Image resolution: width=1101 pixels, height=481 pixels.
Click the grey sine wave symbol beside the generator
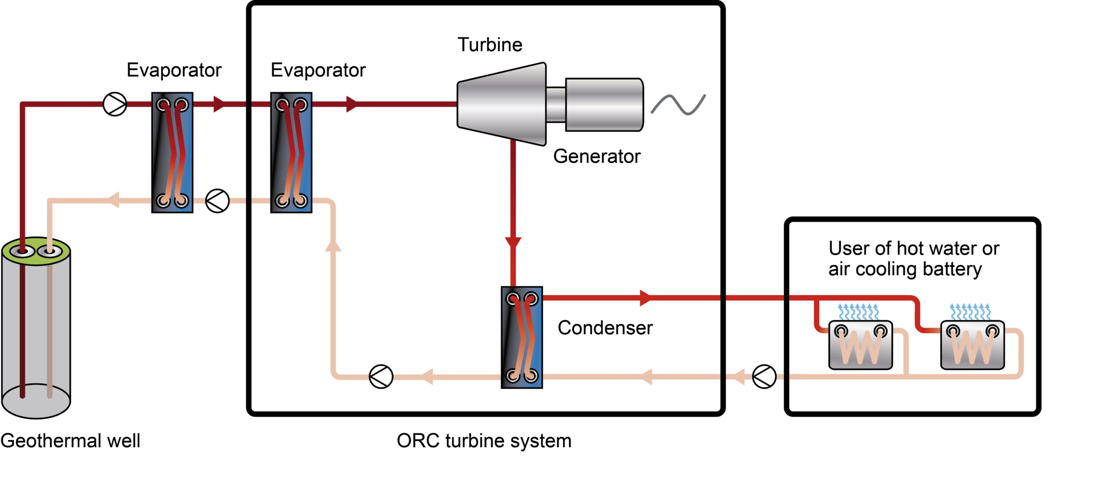(678, 104)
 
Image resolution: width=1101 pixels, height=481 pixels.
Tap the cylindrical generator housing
(604, 104)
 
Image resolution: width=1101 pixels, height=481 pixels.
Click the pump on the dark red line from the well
(115, 104)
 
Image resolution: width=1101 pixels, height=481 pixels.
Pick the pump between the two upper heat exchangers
(218, 201)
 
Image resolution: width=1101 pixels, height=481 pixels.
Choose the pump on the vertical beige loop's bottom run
(381, 377)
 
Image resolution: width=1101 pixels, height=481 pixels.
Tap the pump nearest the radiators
(764, 377)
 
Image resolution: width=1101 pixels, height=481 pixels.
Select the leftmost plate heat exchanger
(172, 153)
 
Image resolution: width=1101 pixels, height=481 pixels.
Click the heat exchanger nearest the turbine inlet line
(291, 153)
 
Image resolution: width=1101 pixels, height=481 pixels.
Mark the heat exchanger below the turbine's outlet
(521, 337)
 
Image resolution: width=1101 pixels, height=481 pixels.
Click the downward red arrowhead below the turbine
(513, 245)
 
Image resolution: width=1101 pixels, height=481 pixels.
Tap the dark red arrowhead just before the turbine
(353, 104)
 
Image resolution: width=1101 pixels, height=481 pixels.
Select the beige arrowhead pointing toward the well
(113, 200)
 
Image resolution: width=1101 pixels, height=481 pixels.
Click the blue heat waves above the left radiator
(858, 311)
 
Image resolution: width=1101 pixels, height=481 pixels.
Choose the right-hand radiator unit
(973, 345)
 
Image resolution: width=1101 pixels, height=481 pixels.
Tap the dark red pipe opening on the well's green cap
(23, 251)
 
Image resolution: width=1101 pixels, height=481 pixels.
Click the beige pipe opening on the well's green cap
(49, 251)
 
